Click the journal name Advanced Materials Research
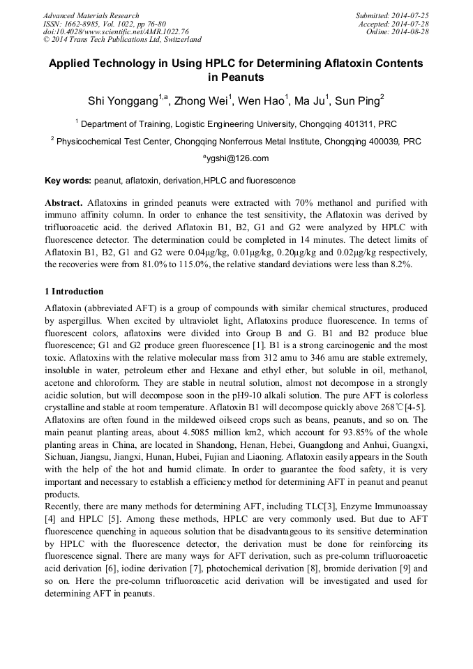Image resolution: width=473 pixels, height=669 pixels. coord(91,15)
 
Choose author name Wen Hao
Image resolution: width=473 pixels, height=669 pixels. coord(260,102)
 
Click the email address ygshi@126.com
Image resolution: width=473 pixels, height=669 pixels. coord(237,158)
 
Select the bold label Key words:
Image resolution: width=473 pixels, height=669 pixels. coord(68,181)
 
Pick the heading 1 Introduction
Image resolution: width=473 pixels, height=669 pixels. coord(74,292)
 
